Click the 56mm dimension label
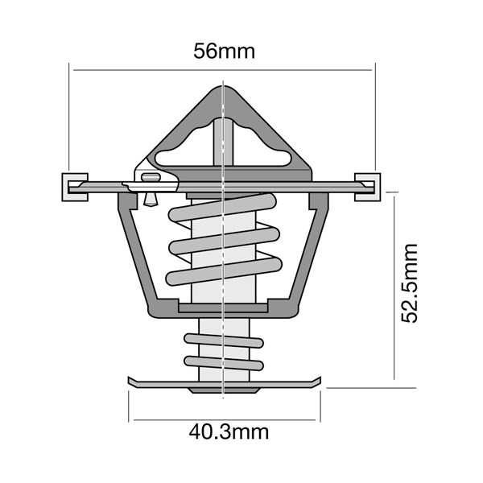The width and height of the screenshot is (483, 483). [x=224, y=52]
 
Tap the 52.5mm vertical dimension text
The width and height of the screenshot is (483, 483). [x=411, y=283]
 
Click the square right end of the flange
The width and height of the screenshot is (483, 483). [x=366, y=186]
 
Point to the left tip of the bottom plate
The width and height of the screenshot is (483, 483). [x=130, y=381]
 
